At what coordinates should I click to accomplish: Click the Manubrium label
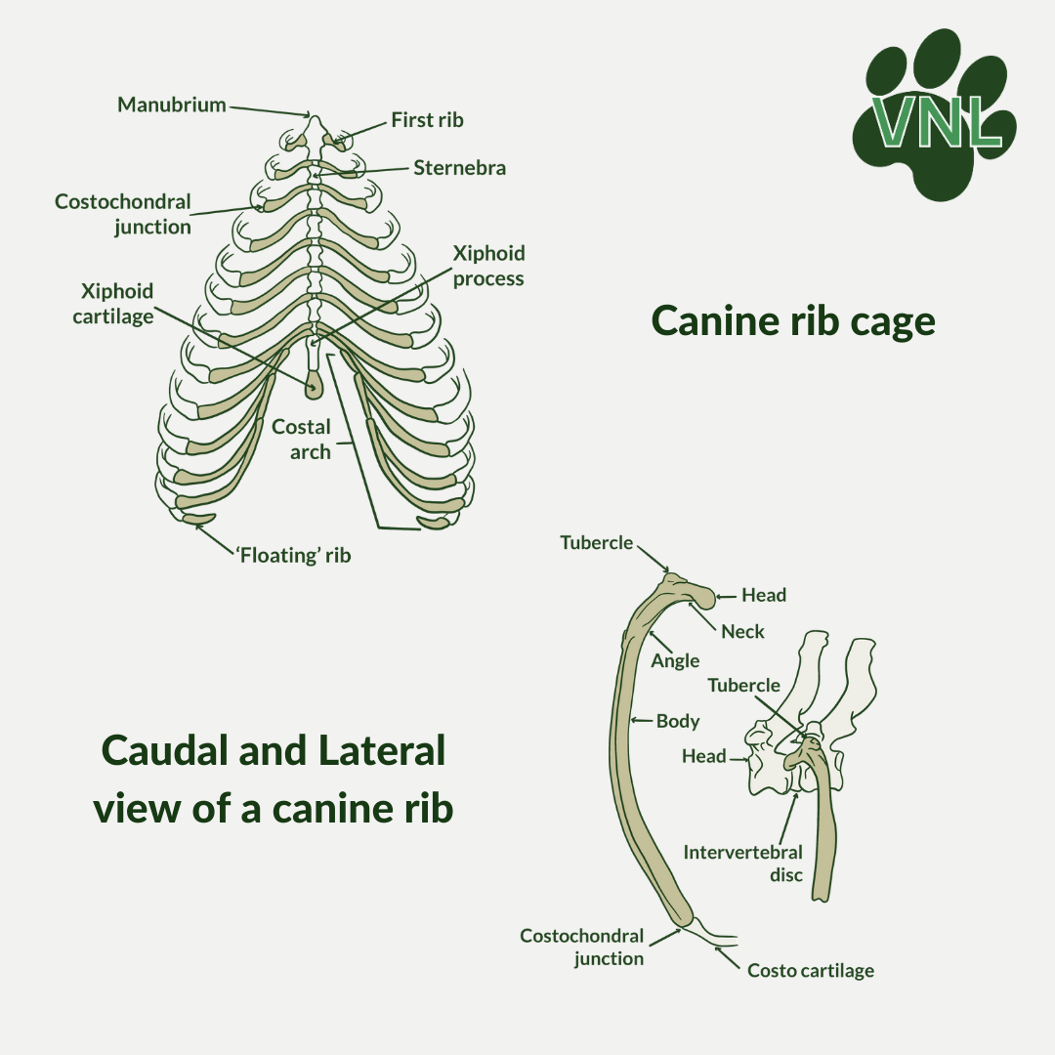pos(172,105)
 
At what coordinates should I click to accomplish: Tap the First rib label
pos(427,120)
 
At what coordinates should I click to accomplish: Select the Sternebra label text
pos(459,168)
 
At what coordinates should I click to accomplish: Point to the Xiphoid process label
pos(488,266)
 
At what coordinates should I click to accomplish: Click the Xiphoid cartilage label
pos(113,304)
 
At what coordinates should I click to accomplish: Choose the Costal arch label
pos(302,440)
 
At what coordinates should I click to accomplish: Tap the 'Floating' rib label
pos(293,555)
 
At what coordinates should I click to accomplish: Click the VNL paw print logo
pos(935,114)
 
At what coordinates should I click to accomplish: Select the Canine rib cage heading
pos(793,321)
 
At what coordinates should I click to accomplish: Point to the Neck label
pos(742,632)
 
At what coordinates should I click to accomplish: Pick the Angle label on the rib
pos(675,661)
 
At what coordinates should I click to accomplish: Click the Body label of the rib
pos(678,721)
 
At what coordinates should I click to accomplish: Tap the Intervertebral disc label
pos(743,864)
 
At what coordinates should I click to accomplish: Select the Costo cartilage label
pos(811,970)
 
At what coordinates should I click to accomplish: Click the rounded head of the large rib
pos(701,596)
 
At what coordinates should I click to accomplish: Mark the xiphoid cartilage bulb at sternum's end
pos(314,387)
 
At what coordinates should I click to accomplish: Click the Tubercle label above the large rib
pos(597,543)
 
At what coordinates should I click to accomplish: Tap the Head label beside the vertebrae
pos(703,756)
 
